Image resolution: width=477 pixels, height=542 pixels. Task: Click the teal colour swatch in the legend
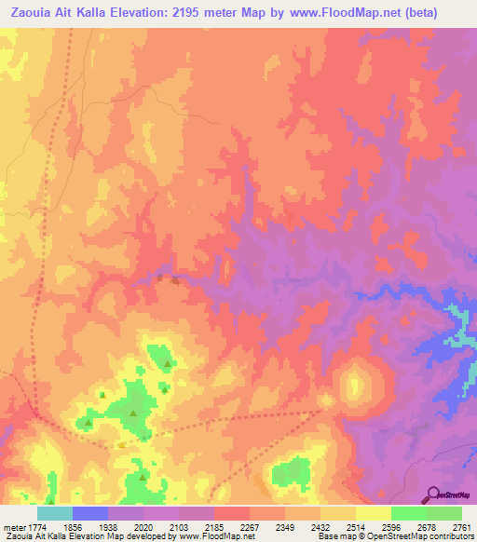(x=54, y=513)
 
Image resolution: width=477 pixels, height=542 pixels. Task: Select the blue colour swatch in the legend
(x=89, y=513)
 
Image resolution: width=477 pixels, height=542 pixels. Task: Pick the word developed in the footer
(x=154, y=536)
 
